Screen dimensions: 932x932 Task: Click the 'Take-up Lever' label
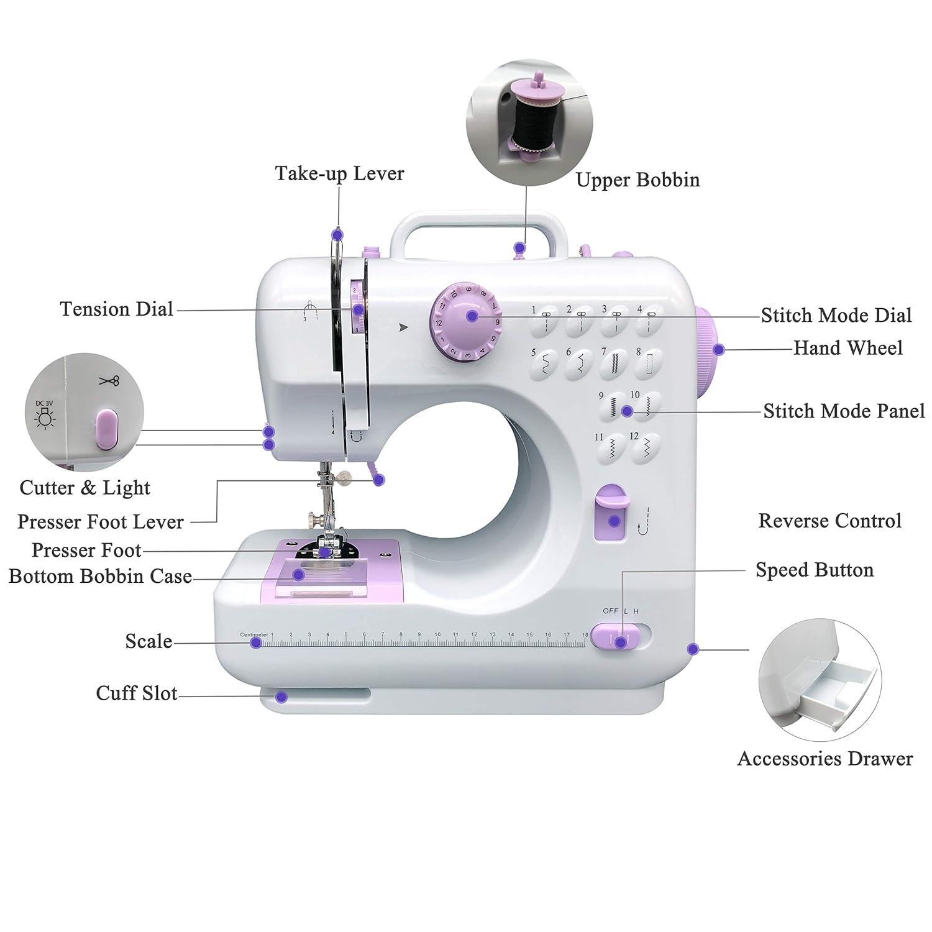coord(339,173)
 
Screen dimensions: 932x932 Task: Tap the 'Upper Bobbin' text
coord(637,180)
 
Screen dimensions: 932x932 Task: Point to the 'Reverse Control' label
coord(829,521)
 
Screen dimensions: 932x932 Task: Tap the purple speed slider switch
coord(614,637)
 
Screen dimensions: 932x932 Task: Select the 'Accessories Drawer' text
coord(825,759)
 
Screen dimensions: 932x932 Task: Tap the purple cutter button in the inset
coord(106,429)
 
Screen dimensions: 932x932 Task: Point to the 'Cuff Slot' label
coord(137,693)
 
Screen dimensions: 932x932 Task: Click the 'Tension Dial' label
coord(116,309)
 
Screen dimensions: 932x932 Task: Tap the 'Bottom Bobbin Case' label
coord(100,577)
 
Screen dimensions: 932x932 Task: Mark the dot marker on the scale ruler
coord(255,642)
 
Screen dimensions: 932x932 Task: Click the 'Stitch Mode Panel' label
coord(843,411)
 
